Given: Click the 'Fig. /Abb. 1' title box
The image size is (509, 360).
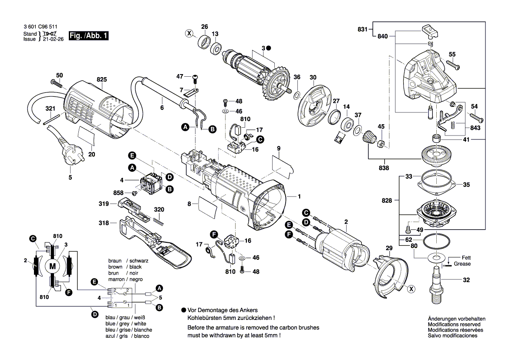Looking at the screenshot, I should click(x=88, y=36).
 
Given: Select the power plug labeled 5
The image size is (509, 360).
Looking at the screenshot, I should click(x=70, y=155).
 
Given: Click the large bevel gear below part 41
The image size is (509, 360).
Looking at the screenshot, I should click(x=436, y=156).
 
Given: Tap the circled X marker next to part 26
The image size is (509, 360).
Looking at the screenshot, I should click(x=189, y=33).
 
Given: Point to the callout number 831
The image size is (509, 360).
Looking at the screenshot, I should click(x=362, y=30).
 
